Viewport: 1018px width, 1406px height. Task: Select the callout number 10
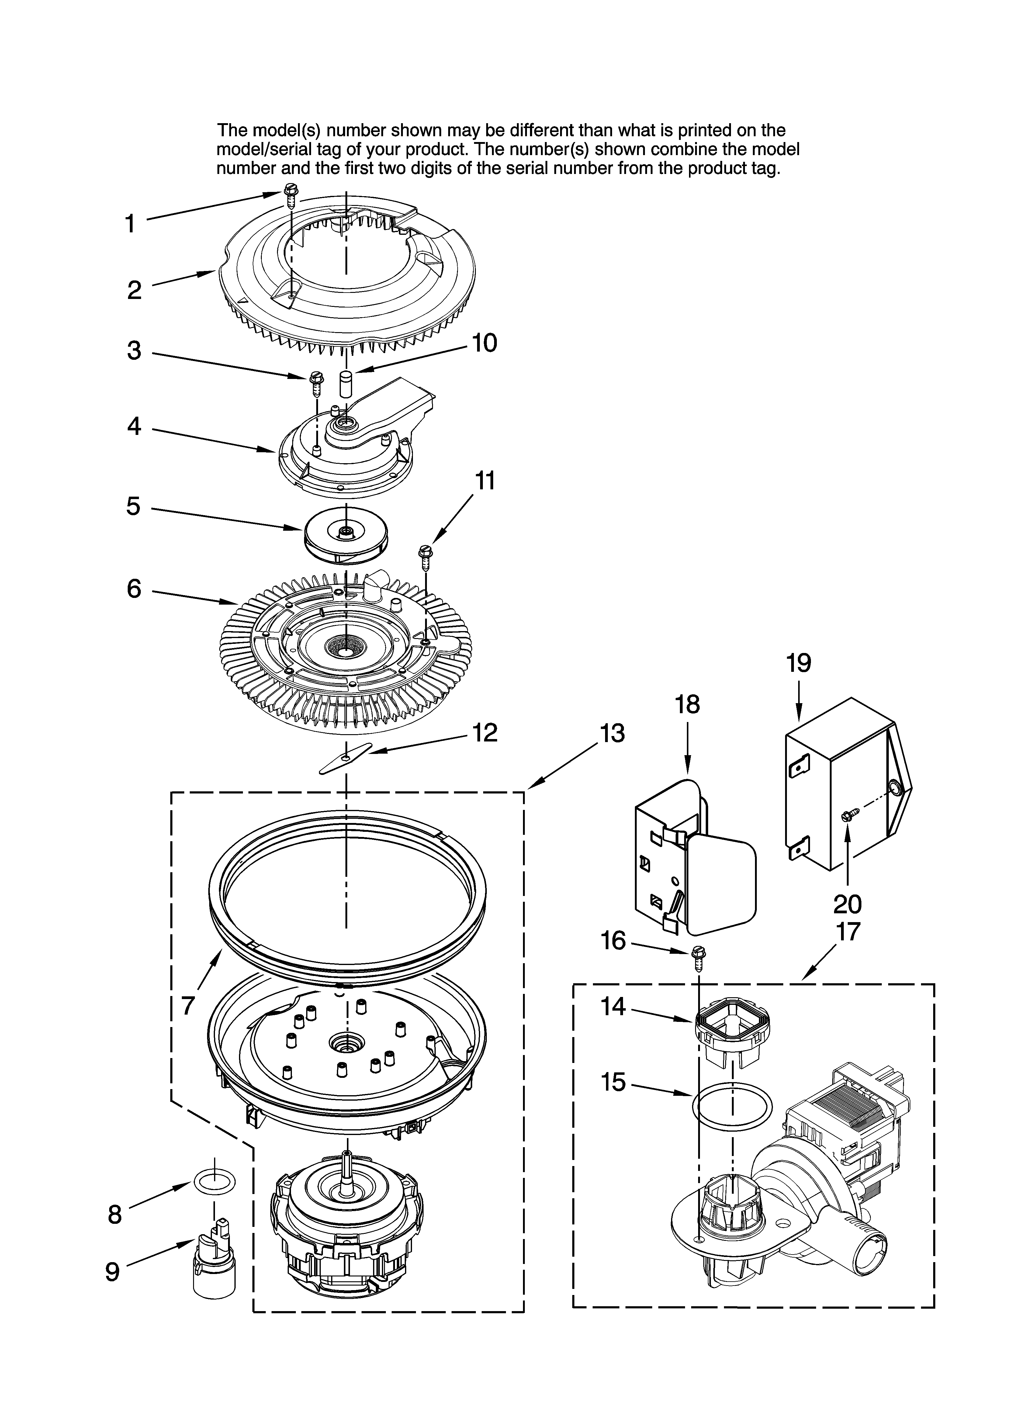[x=484, y=343]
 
